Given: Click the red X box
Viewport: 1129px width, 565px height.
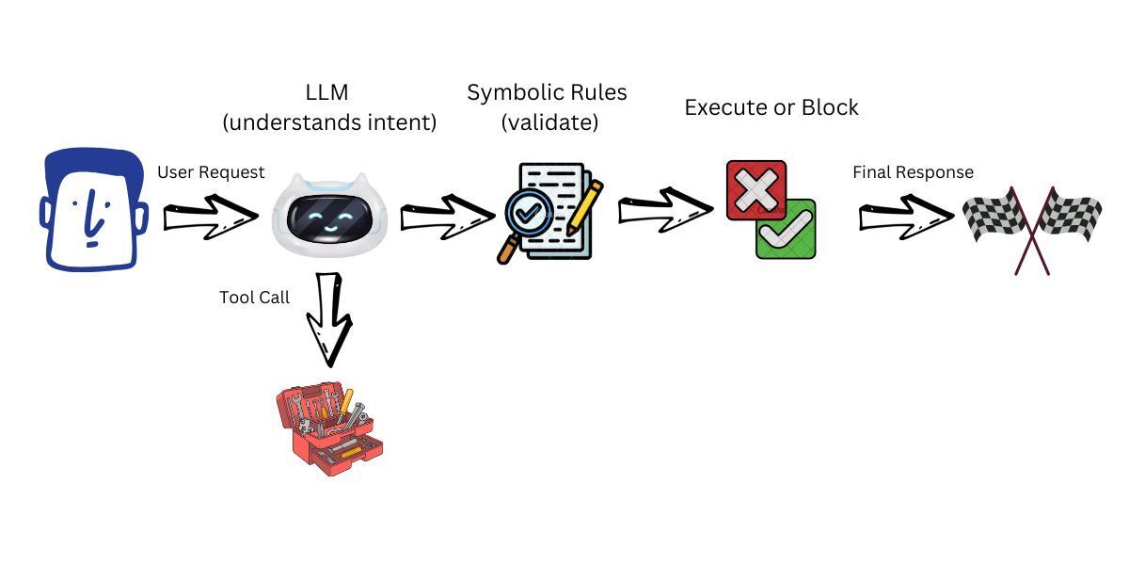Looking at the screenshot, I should pos(755,190).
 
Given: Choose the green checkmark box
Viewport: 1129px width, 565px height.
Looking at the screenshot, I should pos(787,230).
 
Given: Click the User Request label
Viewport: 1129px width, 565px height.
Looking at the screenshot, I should pos(211,172).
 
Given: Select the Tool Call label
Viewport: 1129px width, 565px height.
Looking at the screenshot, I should pos(254,297).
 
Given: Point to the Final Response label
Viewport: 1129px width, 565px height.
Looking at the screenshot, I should pos(913,172).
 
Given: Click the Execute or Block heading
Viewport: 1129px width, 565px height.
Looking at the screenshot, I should pos(771,107).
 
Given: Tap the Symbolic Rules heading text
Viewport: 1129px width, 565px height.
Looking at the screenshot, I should pos(547,93).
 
